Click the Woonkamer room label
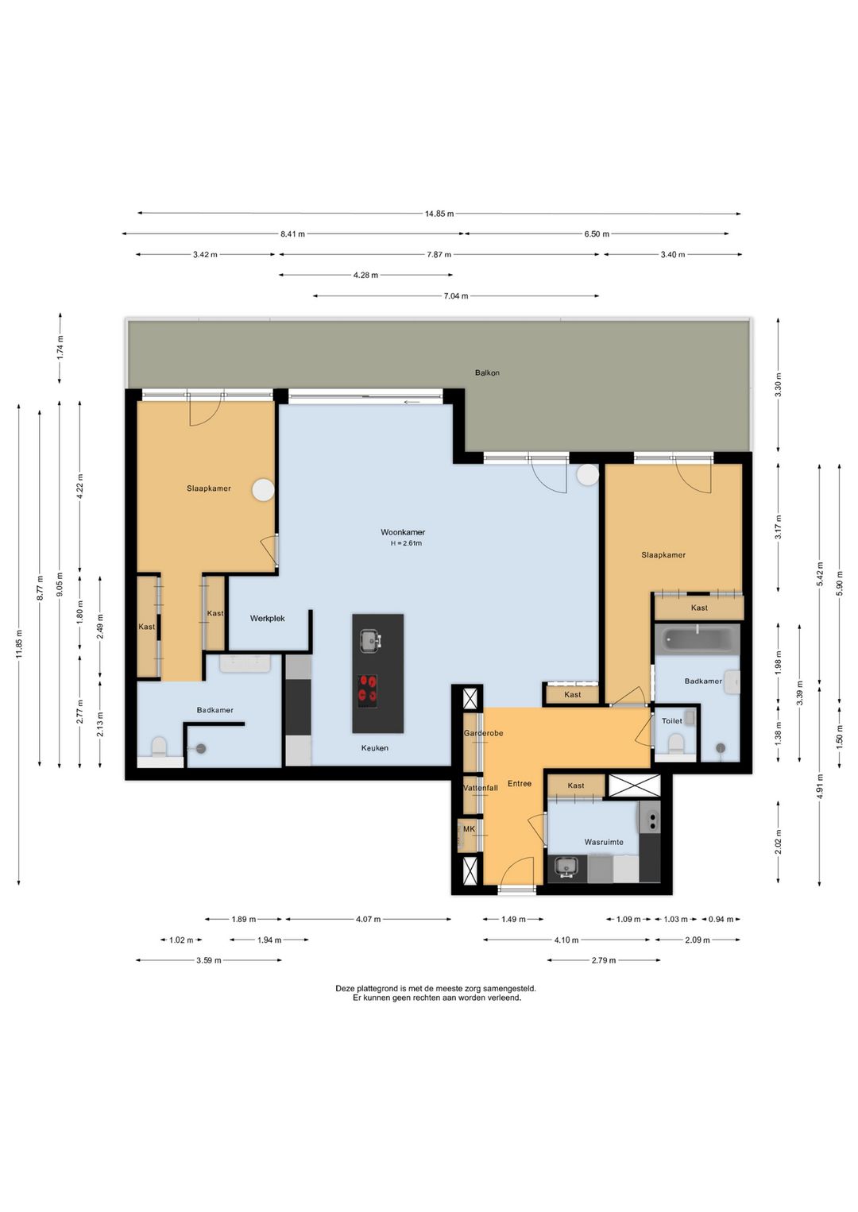point(402,532)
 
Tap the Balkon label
point(487,372)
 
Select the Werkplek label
point(267,618)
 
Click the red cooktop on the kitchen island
point(368,690)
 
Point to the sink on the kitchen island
point(369,642)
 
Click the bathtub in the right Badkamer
point(696,639)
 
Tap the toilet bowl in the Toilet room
point(675,743)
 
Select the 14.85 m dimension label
point(439,214)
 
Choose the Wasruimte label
point(604,842)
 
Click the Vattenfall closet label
point(481,788)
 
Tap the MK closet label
point(469,828)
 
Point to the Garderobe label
point(483,733)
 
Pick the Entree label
point(519,783)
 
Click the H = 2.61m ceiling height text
point(406,543)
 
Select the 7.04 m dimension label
point(456,296)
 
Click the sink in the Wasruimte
point(566,868)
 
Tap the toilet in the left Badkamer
point(159,747)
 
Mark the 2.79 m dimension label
point(604,960)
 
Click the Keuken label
point(375,747)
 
